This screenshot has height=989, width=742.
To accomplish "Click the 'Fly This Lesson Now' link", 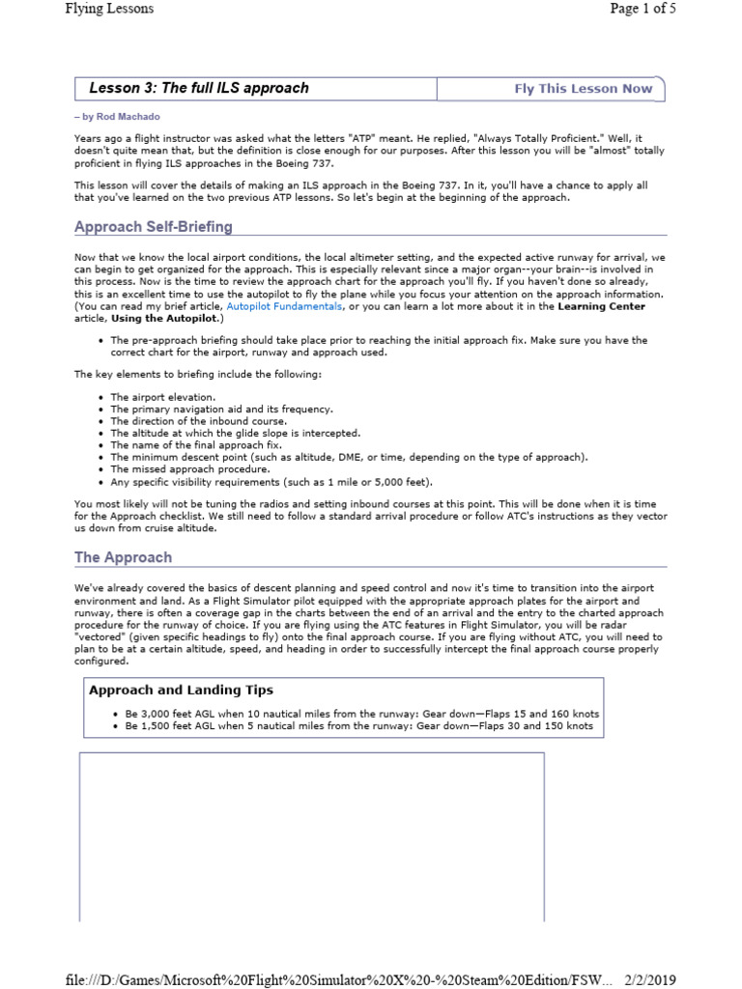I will point(583,89).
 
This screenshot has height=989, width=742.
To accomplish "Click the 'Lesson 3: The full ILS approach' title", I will point(199,88).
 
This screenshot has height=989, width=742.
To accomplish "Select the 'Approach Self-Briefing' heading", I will point(154,227).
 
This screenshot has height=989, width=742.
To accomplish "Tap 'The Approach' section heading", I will point(124,557).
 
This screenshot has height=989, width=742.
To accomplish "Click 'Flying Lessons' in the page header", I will point(109,10).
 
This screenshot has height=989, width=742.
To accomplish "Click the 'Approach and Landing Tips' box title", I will point(181,690).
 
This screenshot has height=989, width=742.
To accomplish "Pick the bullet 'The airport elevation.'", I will point(162,397).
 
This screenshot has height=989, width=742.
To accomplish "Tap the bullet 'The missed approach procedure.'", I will point(189,469).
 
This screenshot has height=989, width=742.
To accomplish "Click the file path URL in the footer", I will point(338,979).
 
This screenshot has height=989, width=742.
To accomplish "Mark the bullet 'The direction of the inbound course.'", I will point(199,421).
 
